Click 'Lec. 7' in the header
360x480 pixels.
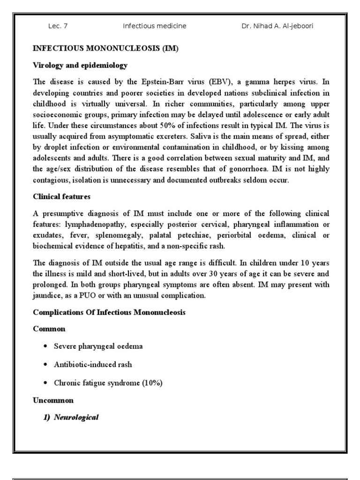point(58,26)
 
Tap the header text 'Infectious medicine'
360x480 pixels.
point(154,26)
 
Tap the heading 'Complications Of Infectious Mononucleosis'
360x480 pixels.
point(109,313)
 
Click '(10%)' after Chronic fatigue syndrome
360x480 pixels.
point(152,383)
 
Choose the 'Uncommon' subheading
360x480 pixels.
point(53,400)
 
